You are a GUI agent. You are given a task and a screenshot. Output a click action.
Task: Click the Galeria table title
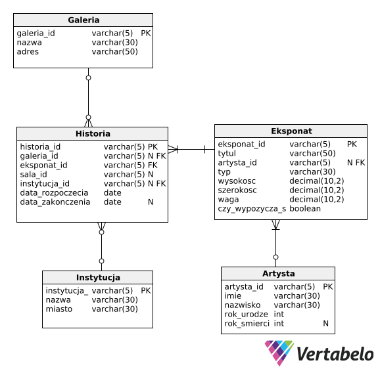coord(83,20)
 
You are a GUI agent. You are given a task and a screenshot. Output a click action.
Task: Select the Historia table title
coord(93,133)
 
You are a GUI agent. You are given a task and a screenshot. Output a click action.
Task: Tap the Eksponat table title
coord(291,131)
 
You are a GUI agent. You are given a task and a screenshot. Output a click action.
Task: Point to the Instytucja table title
coord(98,277)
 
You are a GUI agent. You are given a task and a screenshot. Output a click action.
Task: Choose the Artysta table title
coord(279,274)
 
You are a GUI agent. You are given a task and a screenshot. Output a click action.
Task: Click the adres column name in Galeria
coord(28,52)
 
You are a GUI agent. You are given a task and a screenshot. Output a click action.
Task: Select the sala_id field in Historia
coord(34,174)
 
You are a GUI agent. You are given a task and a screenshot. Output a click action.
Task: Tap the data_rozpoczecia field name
coord(54,193)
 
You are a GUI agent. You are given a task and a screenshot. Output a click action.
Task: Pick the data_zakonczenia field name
coord(55,202)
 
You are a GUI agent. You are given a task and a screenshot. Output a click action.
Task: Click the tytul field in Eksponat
coord(227,154)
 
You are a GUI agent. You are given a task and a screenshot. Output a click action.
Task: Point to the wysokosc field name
coord(237,181)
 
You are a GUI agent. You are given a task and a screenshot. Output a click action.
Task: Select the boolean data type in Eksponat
coord(305,209)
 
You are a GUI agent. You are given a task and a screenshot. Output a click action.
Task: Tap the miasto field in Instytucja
coord(59,309)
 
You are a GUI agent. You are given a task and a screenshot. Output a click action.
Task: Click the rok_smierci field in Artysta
coord(247,324)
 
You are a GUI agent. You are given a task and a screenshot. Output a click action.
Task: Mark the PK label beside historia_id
coord(153,147)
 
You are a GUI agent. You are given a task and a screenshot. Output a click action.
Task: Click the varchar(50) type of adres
coord(114,52)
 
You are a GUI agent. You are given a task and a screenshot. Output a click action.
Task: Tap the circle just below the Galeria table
coord(89,77)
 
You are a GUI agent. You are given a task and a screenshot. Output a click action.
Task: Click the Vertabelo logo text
coord(335,354)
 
